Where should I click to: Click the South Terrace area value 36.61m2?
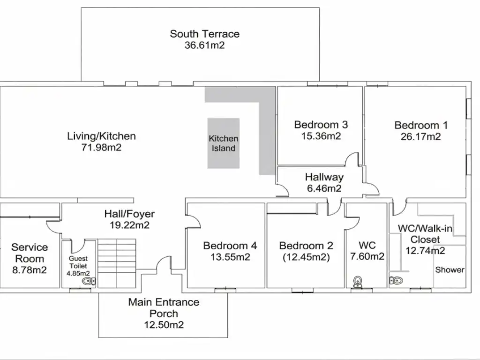(x=204, y=45)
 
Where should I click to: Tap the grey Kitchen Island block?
(x=224, y=143)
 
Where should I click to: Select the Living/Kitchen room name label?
(x=101, y=136)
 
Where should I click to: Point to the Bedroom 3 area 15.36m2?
(x=321, y=136)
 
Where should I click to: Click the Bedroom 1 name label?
(x=421, y=125)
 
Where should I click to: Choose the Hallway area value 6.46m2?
(x=324, y=188)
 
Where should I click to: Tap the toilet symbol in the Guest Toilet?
(x=89, y=281)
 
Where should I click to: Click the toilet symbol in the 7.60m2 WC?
(x=358, y=282)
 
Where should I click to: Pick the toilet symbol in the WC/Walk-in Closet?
(x=396, y=280)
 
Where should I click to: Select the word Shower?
(x=450, y=270)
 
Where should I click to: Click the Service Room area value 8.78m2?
(x=30, y=270)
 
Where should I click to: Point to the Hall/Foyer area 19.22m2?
(x=129, y=225)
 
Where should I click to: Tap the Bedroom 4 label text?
(x=230, y=246)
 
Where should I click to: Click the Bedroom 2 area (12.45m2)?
(x=306, y=257)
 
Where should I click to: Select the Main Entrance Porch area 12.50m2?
(x=164, y=324)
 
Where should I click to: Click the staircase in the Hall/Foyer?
(x=117, y=263)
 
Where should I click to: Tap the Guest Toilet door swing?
(x=78, y=247)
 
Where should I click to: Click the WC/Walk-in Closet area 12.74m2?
(x=425, y=251)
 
